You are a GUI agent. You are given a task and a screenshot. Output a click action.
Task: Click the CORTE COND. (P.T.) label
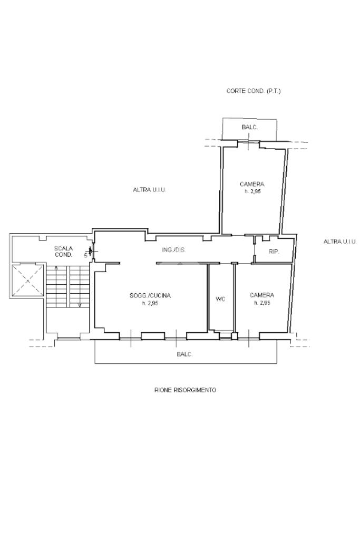pyautogui.click(x=254, y=91)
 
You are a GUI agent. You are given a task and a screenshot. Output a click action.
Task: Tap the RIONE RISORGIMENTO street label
pyautogui.click(x=185, y=390)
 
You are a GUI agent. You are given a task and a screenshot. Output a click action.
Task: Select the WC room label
pyautogui.click(x=220, y=299)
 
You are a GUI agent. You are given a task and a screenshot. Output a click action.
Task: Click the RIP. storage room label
pyautogui.click(x=274, y=252)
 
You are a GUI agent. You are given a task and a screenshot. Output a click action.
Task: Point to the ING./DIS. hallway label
pyautogui.click(x=174, y=250)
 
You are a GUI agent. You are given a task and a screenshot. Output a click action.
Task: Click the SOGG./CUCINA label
pyautogui.click(x=150, y=295)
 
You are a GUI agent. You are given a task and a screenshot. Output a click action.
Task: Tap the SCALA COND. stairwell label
pyautogui.click(x=64, y=252)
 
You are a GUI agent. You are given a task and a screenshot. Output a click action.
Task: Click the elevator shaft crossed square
pyautogui.click(x=28, y=281)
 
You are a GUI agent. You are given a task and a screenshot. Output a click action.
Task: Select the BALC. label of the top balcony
pyautogui.click(x=249, y=128)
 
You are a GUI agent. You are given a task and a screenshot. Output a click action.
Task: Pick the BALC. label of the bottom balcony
pyautogui.click(x=184, y=354)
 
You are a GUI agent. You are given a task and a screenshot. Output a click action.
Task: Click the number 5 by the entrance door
pyautogui.click(x=86, y=256)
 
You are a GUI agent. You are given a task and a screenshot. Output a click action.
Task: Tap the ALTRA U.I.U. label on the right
pyautogui.click(x=339, y=242)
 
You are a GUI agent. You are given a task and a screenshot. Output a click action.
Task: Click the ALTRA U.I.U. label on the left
pyautogui.click(x=149, y=189)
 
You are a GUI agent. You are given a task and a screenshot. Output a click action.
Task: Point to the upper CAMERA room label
pyautogui.click(x=252, y=184)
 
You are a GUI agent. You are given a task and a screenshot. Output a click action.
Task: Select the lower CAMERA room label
pyautogui.click(x=262, y=295)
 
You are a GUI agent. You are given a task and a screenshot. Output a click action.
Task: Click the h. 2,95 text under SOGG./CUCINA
pyautogui.click(x=150, y=303)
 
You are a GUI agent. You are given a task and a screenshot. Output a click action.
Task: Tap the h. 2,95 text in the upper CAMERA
pyautogui.click(x=252, y=191)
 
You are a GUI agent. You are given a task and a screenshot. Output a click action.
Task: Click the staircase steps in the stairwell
pyautogui.click(x=68, y=286)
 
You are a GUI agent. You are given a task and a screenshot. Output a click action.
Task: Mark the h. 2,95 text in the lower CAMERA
pyautogui.click(x=262, y=303)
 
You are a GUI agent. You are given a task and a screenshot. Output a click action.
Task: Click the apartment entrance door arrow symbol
pyautogui.click(x=91, y=250)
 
